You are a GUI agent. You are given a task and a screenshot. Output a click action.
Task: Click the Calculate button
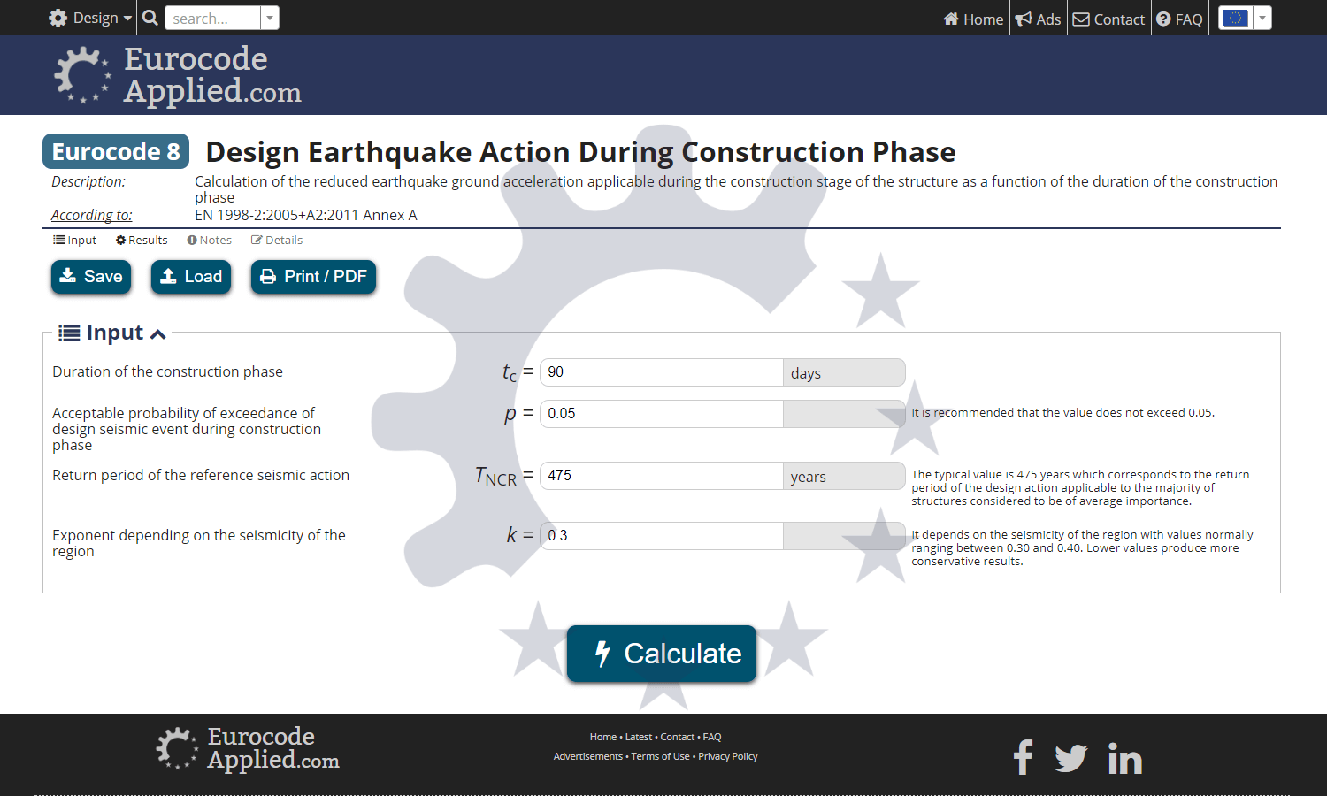pyautogui.click(x=662, y=654)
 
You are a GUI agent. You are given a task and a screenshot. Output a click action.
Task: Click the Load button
pyautogui.click(x=191, y=277)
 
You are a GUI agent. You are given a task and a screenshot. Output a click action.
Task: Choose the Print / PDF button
pyautogui.click(x=314, y=277)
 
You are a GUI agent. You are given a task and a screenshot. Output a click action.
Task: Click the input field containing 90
pyautogui.click(x=661, y=372)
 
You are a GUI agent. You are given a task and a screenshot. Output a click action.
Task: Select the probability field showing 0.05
pyautogui.click(x=661, y=414)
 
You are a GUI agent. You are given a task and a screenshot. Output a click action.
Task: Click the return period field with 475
pyautogui.click(x=661, y=476)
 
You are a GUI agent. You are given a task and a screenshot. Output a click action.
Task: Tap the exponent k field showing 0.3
pyautogui.click(x=661, y=536)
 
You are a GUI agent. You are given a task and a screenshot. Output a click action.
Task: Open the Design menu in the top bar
pyautogui.click(x=90, y=19)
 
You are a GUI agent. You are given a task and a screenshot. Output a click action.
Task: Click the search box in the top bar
pyautogui.click(x=213, y=19)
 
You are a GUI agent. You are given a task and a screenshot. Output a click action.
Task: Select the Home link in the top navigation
pyautogui.click(x=973, y=19)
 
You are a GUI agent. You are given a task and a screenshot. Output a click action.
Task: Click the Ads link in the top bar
pyautogui.click(x=1039, y=19)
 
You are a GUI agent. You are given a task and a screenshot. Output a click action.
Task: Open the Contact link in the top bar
pyautogui.click(x=1109, y=19)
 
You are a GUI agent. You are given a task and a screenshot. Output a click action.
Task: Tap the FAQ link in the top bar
pyautogui.click(x=1180, y=19)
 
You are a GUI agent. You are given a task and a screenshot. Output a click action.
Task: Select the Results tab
pyautogui.click(x=142, y=241)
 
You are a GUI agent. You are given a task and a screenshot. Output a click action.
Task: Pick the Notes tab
pyautogui.click(x=210, y=241)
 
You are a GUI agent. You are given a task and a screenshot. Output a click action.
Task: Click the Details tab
pyautogui.click(x=277, y=241)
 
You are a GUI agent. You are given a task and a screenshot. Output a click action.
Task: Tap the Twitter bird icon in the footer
pyautogui.click(x=1070, y=758)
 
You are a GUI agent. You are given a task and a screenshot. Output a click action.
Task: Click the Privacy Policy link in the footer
pyautogui.click(x=727, y=756)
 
